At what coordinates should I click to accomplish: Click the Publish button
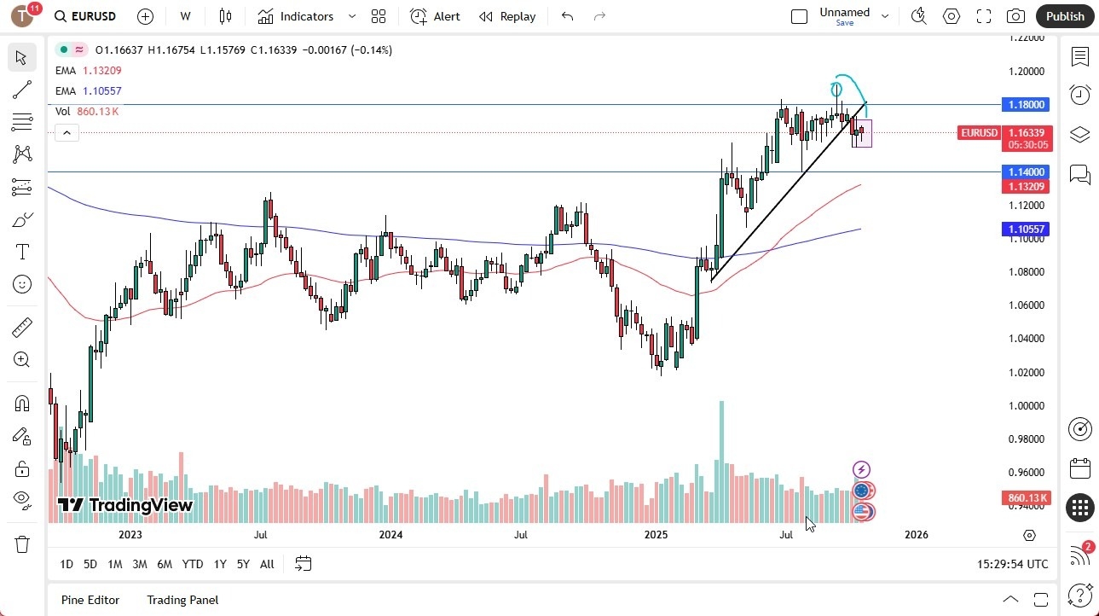1065,16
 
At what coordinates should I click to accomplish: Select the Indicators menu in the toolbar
296,16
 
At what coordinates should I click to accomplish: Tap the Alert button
435,16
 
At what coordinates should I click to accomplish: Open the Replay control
507,16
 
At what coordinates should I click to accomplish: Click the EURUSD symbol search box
86,16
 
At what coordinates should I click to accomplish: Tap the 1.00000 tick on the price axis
1027,405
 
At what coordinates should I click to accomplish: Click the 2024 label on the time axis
390,535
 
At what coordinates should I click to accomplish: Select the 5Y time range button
243,564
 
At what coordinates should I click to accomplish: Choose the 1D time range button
67,564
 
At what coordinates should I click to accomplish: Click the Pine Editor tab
90,600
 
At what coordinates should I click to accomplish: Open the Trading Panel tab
182,600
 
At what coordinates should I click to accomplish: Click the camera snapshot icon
1015,16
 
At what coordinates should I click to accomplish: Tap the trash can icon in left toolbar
22,544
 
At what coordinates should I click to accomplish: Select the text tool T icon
22,252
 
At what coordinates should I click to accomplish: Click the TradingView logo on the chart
125,505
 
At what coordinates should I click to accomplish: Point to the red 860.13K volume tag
1027,497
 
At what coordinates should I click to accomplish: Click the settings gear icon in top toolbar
952,16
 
